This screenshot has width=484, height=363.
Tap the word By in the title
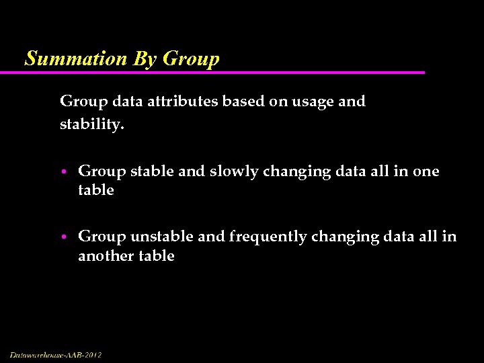pos(145,59)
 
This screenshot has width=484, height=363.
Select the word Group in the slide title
pos(191,59)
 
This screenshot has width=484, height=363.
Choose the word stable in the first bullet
pos(153,171)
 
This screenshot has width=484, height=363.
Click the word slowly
pos(234,172)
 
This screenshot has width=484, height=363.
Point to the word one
pos(426,172)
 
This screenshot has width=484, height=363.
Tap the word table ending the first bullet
pos(96,190)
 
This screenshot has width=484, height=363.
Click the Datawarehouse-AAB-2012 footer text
pos(56,355)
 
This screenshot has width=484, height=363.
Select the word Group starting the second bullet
pos(102,237)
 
